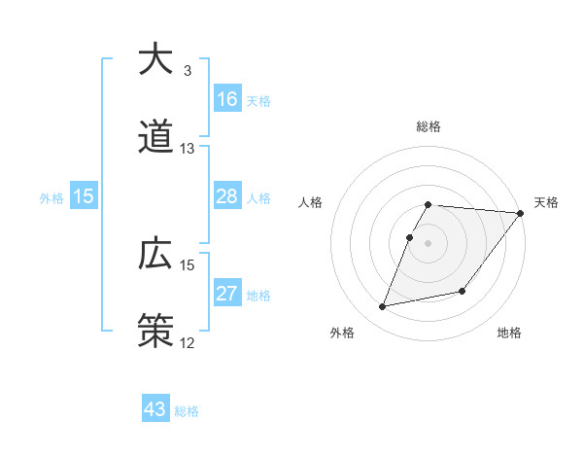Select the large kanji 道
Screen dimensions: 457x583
(x=155, y=138)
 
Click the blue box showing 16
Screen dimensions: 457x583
(x=226, y=99)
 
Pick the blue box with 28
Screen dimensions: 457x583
(x=226, y=196)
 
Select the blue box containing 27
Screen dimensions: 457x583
(x=226, y=294)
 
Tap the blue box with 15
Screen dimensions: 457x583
(x=84, y=196)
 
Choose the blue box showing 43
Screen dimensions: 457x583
(x=155, y=409)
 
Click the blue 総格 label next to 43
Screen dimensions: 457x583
(x=187, y=411)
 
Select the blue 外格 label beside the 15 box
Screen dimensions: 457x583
(x=51, y=198)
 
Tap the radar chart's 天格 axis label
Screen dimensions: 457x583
(x=546, y=202)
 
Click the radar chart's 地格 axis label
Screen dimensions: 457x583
(x=509, y=334)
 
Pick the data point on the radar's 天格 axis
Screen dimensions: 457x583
(x=521, y=213)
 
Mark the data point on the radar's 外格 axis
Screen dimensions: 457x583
(x=383, y=306)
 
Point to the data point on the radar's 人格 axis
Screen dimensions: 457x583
(x=410, y=237)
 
